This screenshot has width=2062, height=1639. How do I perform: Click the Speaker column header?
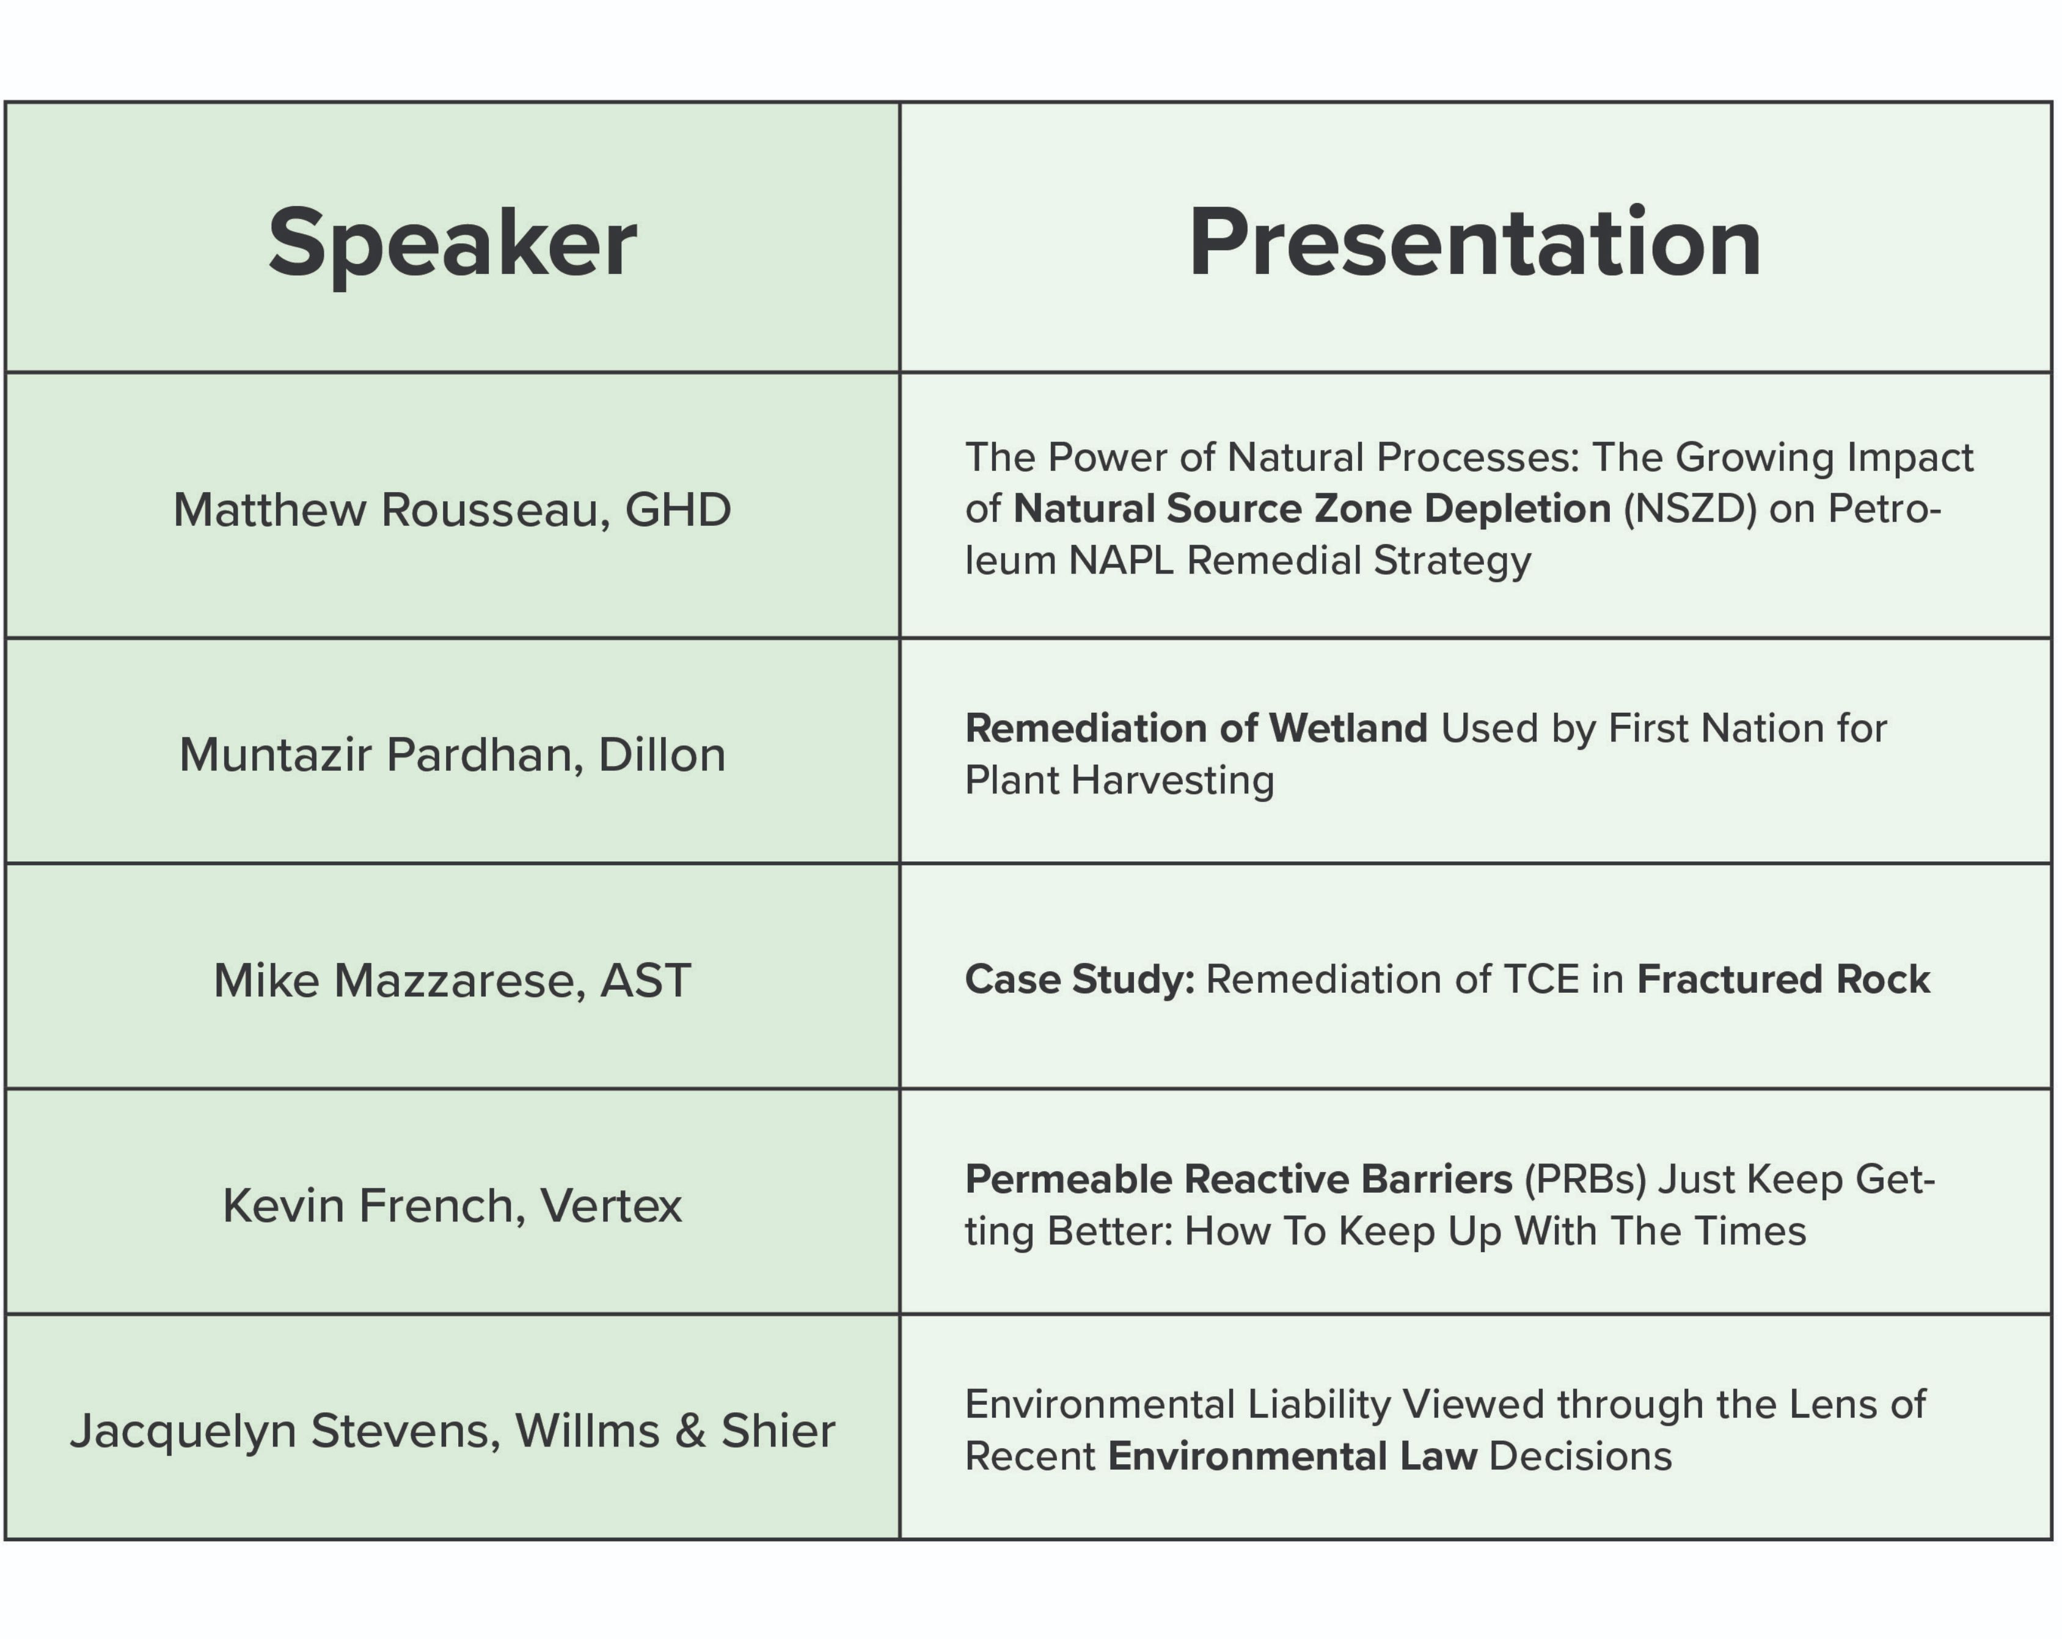click(452, 243)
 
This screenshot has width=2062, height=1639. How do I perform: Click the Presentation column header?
click(1475, 243)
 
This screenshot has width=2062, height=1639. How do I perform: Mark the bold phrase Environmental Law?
click(1293, 1456)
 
